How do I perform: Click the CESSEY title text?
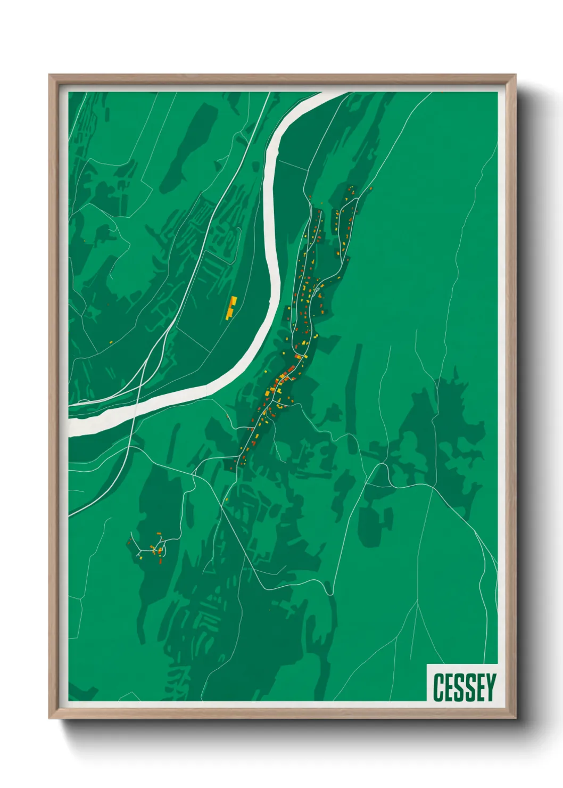tap(464, 687)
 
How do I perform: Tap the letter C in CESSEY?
tap(439, 687)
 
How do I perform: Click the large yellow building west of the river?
tap(231, 308)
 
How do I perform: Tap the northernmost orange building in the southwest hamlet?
tap(159, 533)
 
